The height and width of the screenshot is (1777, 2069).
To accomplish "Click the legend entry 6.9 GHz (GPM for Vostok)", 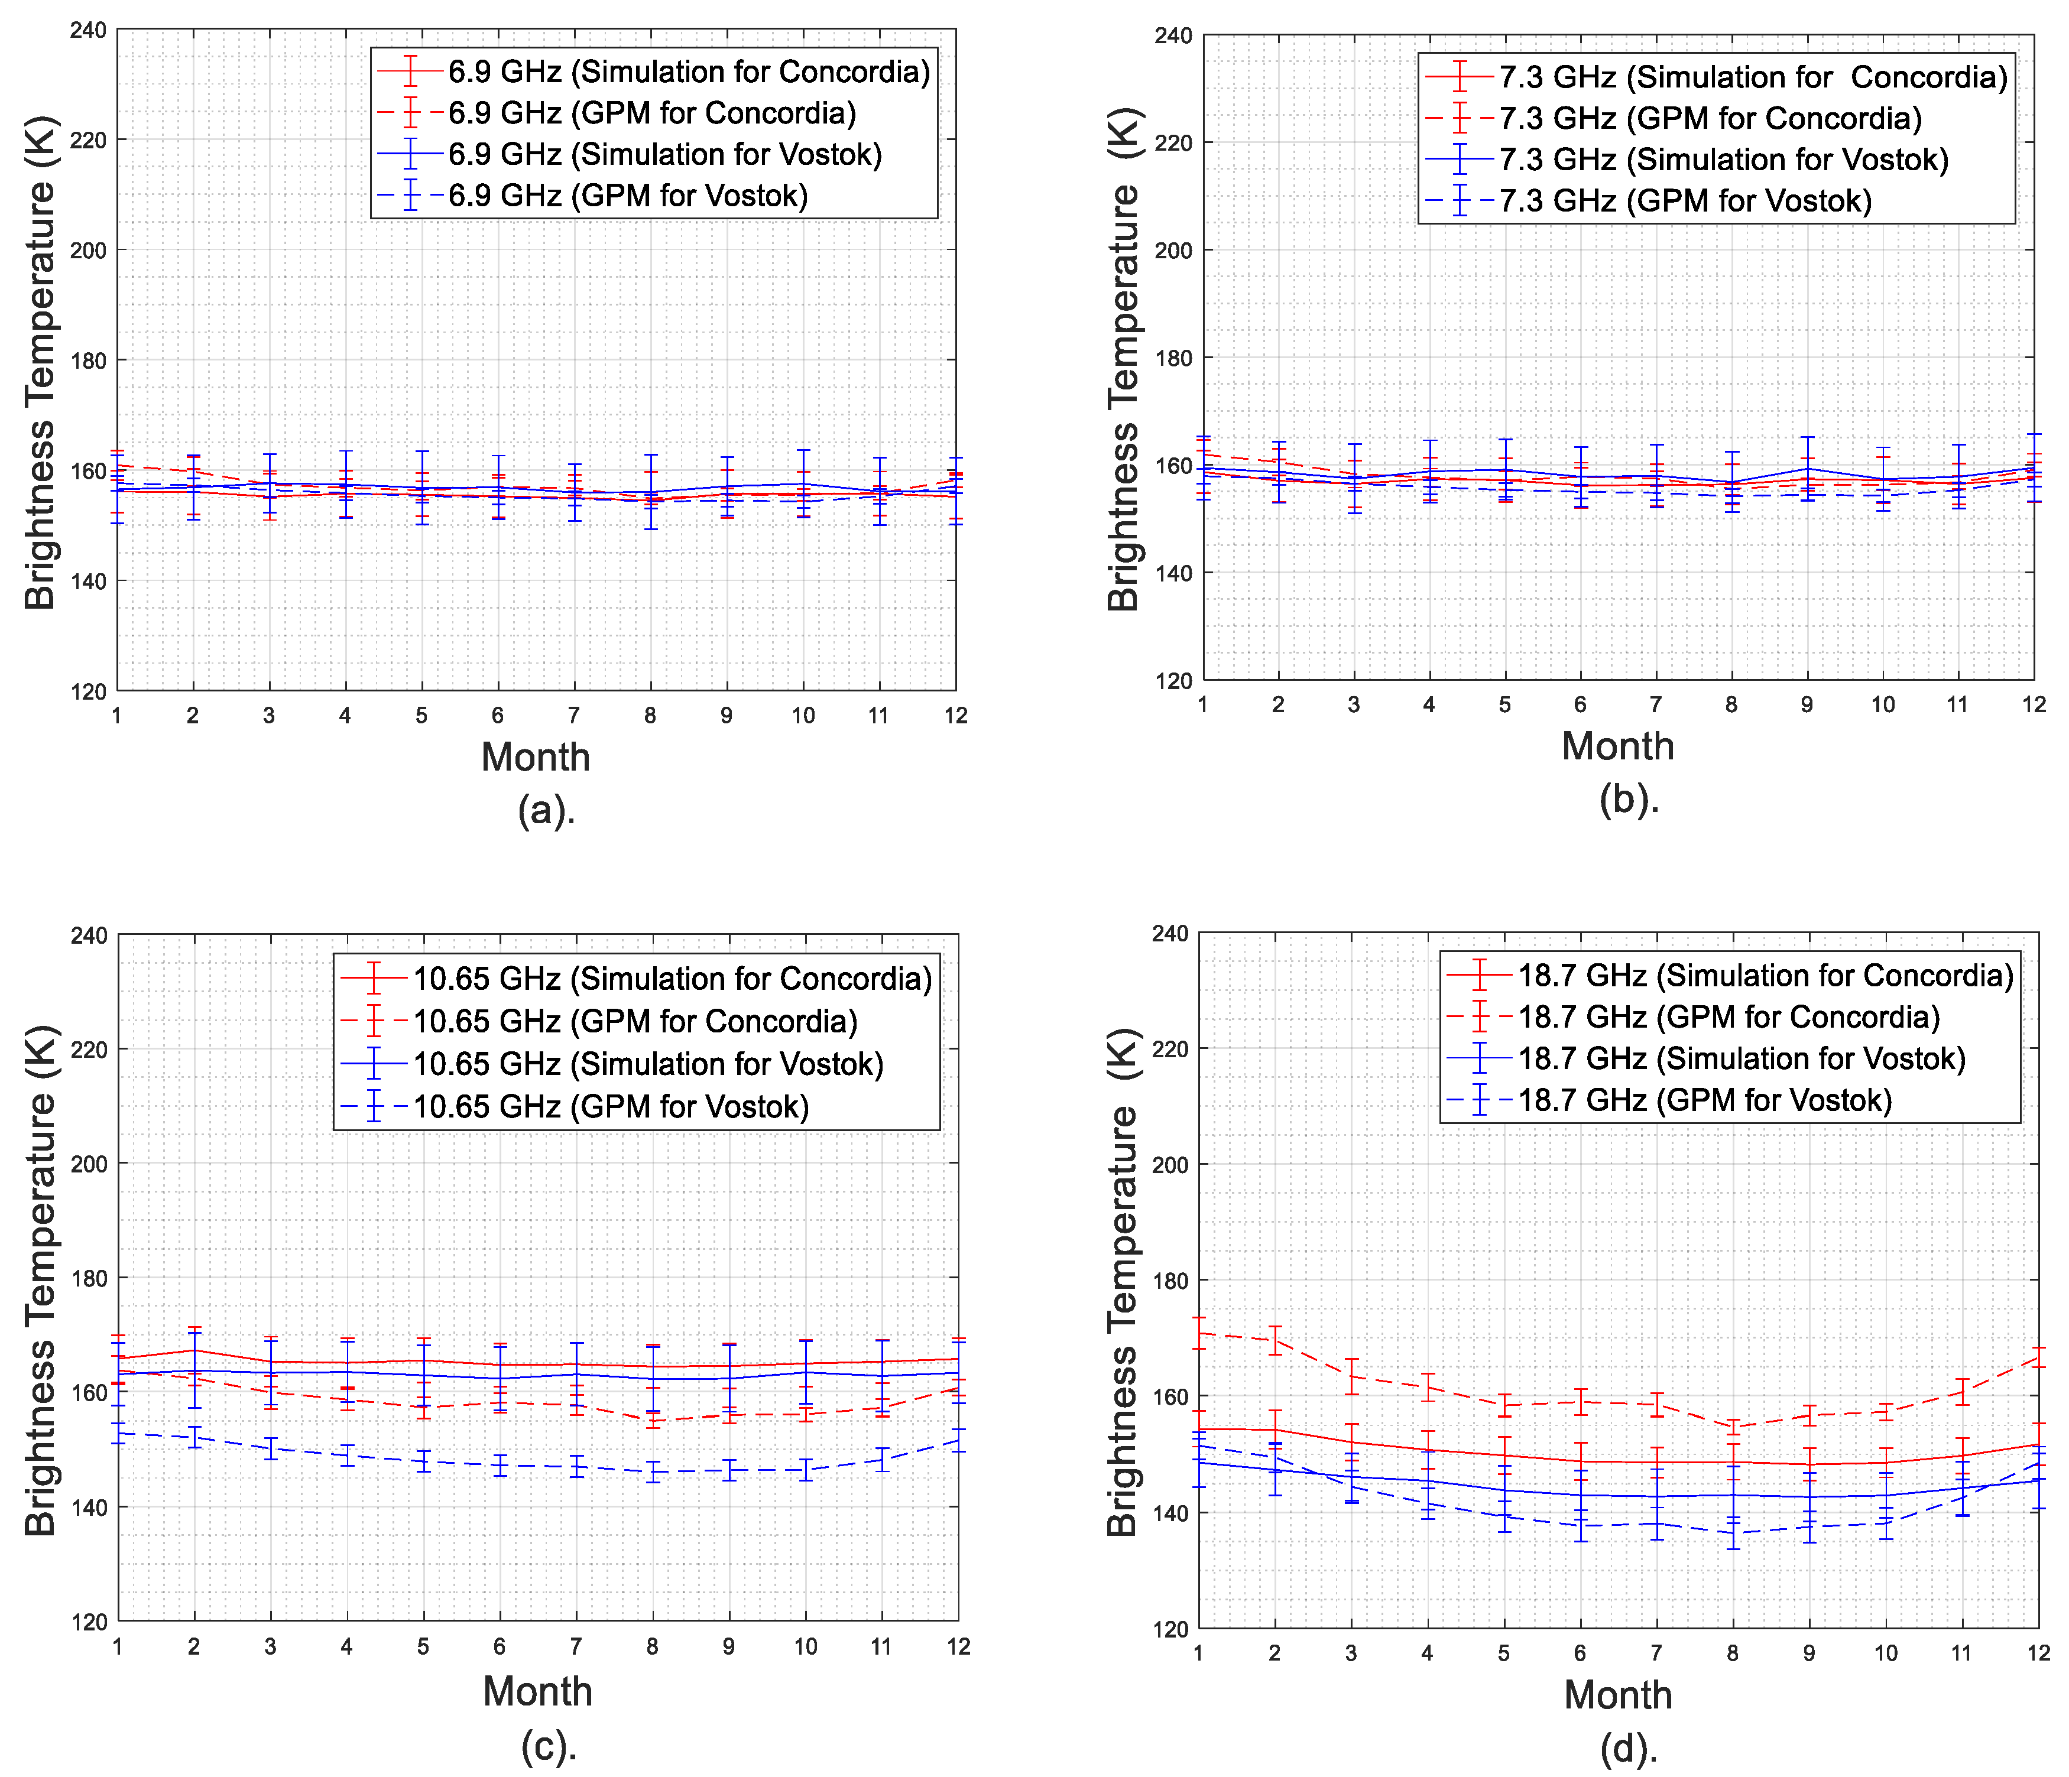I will tap(627, 196).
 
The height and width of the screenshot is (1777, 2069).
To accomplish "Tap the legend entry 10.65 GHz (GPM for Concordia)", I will tap(635, 1021).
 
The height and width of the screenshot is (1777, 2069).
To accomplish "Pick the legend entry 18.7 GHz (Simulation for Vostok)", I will tap(1742, 1058).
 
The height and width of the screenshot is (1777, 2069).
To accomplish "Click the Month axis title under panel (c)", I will tap(537, 1691).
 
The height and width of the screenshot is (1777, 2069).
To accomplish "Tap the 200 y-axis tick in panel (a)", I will tap(89, 251).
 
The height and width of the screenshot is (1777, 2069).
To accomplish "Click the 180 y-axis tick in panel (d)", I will tap(1170, 1281).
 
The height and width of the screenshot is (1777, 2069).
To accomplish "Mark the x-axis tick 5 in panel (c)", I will tap(423, 1646).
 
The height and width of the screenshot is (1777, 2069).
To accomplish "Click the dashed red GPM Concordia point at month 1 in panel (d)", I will tap(1199, 1333).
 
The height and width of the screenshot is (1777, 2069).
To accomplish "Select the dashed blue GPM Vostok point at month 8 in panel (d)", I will tap(1733, 1532).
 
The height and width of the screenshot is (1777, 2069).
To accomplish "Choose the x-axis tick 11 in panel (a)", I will tap(878, 716).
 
